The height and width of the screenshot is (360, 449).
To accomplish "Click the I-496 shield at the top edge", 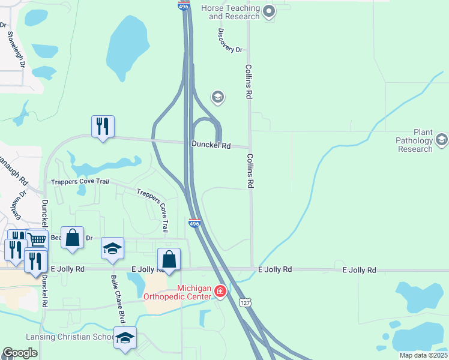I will coord(184,5).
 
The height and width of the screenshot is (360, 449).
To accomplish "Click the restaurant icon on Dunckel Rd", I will coord(103,126).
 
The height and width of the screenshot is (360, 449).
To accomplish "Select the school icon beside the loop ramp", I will coord(217,97).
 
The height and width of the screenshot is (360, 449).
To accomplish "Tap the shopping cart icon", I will coord(37,239).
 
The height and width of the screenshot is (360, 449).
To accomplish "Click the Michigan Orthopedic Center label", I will coord(177,292).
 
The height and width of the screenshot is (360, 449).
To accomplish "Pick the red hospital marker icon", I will coord(221,292).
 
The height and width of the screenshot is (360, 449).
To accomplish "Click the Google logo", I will coord(20,353).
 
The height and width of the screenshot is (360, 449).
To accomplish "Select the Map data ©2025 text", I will coord(423,355).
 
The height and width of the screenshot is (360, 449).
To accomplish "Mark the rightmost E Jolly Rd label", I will coord(359,270).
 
